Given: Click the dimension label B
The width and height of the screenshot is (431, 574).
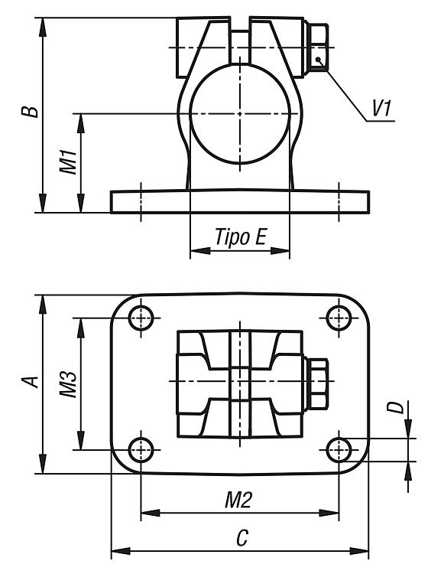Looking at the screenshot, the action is [x=30, y=107].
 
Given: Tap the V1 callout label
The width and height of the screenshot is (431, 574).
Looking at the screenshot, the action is [x=381, y=109].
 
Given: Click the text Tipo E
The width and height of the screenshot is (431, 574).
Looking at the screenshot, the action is [x=241, y=236].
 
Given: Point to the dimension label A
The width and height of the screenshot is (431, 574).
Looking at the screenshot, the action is [x=30, y=381].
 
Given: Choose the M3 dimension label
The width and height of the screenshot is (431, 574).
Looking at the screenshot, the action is [x=68, y=384].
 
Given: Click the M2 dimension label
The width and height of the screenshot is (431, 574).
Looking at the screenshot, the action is [x=238, y=500].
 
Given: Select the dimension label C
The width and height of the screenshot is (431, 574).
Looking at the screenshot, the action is [x=242, y=538].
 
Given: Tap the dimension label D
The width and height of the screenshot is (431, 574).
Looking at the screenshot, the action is [x=396, y=407].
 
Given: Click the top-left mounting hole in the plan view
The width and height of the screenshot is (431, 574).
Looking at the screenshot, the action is [x=141, y=318].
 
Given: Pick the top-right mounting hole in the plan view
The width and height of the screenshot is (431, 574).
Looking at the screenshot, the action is [x=339, y=318].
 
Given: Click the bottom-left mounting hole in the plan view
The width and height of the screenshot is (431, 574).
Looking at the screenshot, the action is [x=141, y=449].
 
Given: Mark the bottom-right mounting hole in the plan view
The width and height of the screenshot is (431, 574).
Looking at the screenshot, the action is [x=339, y=449].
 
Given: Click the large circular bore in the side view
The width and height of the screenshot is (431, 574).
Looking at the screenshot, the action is [x=240, y=114].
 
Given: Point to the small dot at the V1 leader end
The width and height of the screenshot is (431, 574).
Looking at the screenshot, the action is [x=319, y=59].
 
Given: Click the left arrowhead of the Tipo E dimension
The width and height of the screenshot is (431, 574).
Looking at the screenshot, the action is [x=200, y=251].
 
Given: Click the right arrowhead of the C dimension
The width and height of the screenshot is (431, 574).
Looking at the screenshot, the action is [x=358, y=551].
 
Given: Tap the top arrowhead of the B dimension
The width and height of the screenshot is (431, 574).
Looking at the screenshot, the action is [x=43, y=28].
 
